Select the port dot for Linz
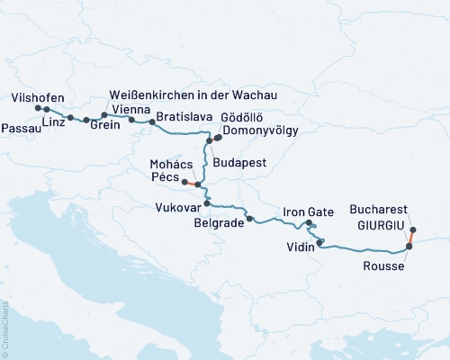point(70,118)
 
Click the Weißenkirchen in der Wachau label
point(192,95)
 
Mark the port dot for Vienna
point(132,120)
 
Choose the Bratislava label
point(184,115)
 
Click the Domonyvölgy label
point(265,130)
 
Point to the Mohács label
point(173,164)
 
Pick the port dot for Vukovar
point(207,203)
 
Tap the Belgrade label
point(220,225)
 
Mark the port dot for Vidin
point(320,241)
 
